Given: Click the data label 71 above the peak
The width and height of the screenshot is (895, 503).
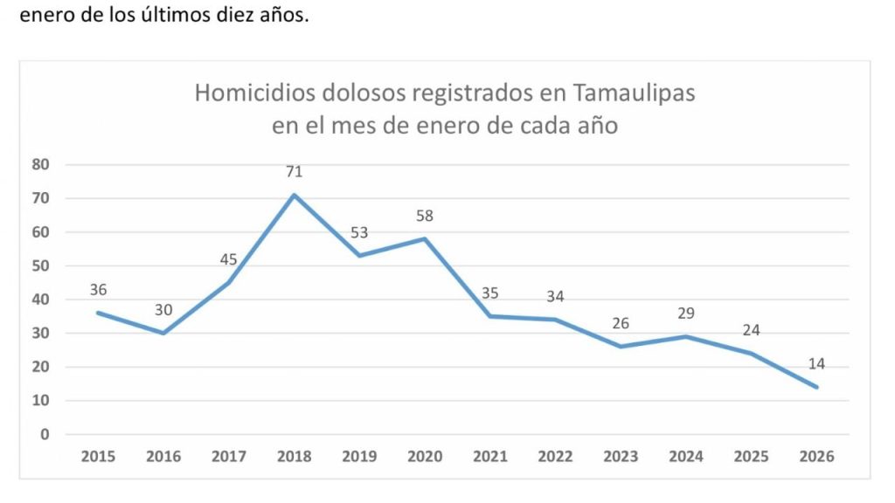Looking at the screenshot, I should click(x=294, y=172).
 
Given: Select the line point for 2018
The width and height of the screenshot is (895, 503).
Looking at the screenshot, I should click(x=294, y=195).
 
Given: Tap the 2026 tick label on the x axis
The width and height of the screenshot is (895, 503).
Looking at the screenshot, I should click(x=817, y=457).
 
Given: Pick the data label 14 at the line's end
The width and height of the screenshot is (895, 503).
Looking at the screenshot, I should click(x=817, y=363).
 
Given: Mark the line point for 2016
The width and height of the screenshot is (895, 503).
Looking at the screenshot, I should click(x=163, y=333).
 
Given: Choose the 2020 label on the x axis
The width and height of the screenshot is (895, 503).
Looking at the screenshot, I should click(x=425, y=457).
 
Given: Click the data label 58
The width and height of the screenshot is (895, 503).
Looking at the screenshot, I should click(x=425, y=216).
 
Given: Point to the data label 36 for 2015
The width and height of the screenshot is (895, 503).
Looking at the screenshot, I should click(x=98, y=290).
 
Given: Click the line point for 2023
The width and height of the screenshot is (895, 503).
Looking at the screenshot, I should click(x=621, y=347).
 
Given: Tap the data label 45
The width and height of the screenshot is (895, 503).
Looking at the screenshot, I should click(x=228, y=259).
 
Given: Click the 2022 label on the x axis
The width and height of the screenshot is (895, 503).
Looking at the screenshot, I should click(x=555, y=457).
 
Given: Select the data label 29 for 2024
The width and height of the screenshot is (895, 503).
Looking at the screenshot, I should click(x=686, y=314).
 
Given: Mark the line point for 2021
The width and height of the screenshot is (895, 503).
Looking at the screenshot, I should click(x=490, y=316).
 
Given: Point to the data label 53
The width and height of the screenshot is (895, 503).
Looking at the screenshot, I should click(x=359, y=233).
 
